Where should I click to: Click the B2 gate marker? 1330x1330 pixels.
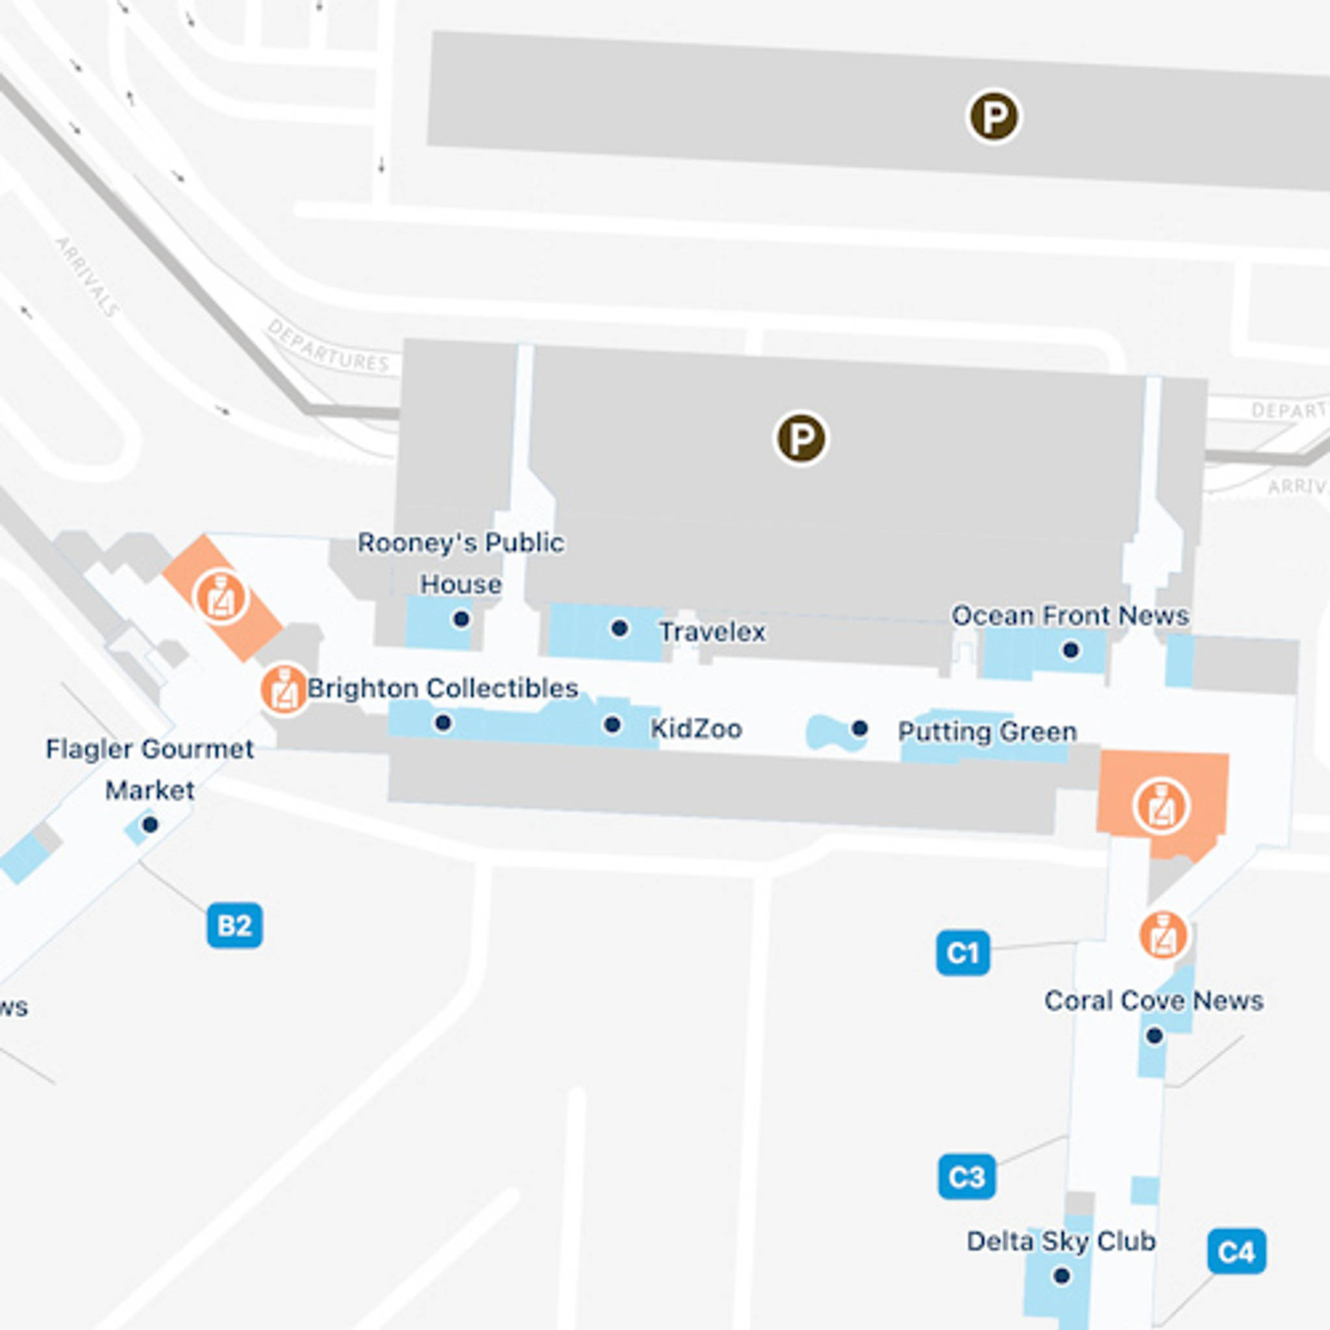(x=234, y=925)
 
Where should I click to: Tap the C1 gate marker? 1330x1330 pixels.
(x=962, y=953)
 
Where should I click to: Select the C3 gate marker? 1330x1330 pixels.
(x=966, y=1177)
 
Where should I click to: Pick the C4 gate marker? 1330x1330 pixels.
(x=1236, y=1251)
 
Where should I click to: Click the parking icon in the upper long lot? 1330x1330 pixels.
(x=994, y=117)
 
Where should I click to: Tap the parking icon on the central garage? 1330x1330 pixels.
(x=801, y=438)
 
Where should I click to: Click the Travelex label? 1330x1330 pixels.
(x=712, y=632)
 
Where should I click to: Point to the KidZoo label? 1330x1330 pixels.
(x=696, y=729)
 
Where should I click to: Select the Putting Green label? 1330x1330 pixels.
(x=987, y=731)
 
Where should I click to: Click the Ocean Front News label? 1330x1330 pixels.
(x=1070, y=616)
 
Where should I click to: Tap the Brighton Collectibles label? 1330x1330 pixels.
(x=442, y=688)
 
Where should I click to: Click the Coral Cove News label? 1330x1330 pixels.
(x=1154, y=1000)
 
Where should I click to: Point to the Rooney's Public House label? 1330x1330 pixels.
(x=460, y=563)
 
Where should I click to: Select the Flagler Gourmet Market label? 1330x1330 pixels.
(x=149, y=769)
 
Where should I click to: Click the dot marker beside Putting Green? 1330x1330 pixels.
(x=859, y=729)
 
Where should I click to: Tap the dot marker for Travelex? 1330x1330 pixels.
(x=620, y=628)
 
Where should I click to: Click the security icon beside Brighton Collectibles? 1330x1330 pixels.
(x=284, y=689)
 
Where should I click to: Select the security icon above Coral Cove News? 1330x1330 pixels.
(x=1163, y=935)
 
